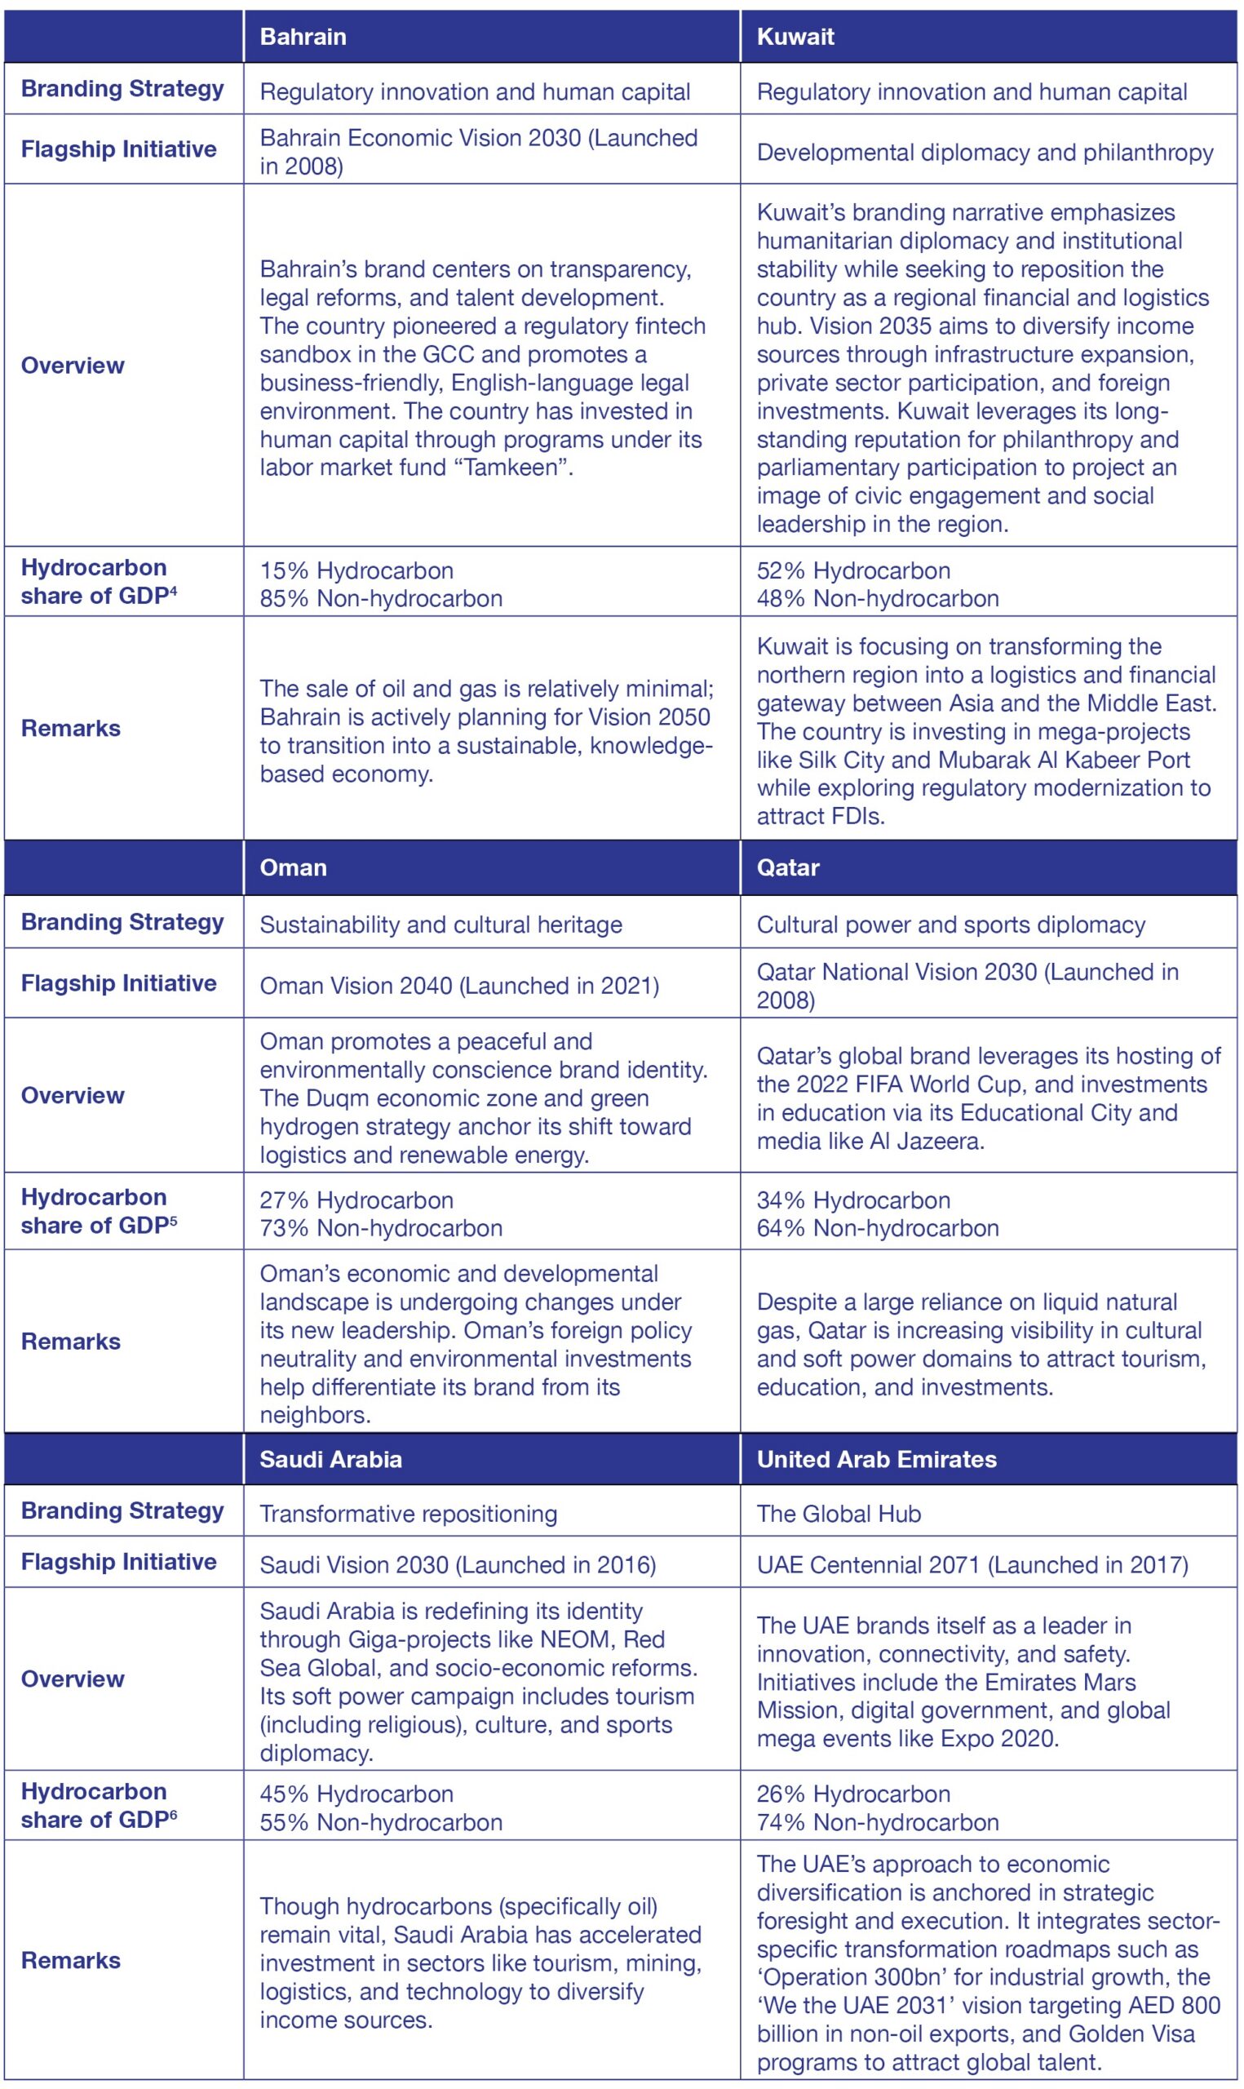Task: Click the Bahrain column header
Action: tap(303, 37)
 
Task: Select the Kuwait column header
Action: tap(795, 37)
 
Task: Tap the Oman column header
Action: tap(293, 867)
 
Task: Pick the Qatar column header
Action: tap(787, 867)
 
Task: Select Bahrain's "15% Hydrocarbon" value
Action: tap(356, 571)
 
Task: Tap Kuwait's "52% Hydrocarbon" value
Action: tap(853, 571)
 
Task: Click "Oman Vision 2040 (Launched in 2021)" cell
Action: tap(458, 985)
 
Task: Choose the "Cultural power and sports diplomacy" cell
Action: tap(950, 925)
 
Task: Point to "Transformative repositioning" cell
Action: tap(408, 1513)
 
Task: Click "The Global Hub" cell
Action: tap(839, 1513)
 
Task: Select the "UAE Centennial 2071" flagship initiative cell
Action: tap(972, 1564)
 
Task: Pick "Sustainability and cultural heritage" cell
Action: tap(441, 925)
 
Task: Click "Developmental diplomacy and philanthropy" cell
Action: tap(985, 153)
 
